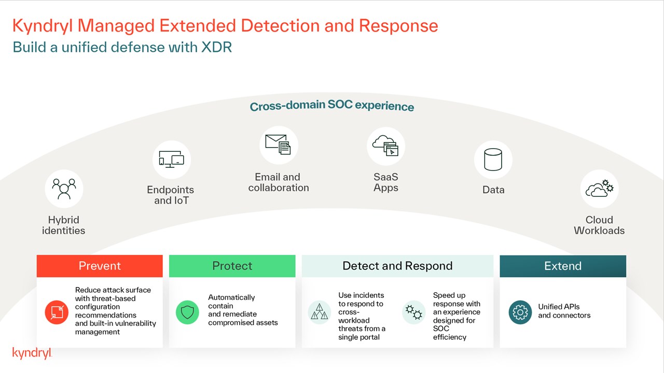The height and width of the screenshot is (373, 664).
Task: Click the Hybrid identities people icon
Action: pyautogui.click(x=64, y=189)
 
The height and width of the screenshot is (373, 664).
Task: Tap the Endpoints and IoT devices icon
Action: pyautogui.click(x=172, y=160)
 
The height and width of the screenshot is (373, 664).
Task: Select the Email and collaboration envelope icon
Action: pyautogui.click(x=279, y=145)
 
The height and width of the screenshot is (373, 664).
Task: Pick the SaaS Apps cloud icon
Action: pyautogui.click(x=385, y=146)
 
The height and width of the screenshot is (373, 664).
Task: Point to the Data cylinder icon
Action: pyautogui.click(x=493, y=160)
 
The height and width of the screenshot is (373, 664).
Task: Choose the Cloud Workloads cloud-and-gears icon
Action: pyautogui.click(x=599, y=189)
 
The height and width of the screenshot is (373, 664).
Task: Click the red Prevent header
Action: pyautogui.click(x=100, y=266)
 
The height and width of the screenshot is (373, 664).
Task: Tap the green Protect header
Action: pyautogui.click(x=232, y=266)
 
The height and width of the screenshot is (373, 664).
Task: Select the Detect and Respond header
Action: pyautogui.click(x=397, y=266)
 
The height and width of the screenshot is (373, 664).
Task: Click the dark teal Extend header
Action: pyautogui.click(x=563, y=266)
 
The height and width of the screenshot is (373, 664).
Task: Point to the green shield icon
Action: pyautogui.click(x=187, y=312)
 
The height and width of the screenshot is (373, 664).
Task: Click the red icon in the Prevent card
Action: pyautogui.click(x=57, y=312)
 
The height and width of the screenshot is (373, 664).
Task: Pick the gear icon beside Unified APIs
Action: pyautogui.click(x=520, y=312)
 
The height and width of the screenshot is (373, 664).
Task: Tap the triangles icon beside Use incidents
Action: pyautogui.click(x=320, y=312)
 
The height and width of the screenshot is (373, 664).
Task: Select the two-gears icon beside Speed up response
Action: pyautogui.click(x=414, y=312)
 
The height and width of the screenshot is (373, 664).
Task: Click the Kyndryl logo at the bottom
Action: pyautogui.click(x=32, y=354)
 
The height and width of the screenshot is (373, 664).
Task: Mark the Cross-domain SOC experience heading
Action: pyautogui.click(x=332, y=106)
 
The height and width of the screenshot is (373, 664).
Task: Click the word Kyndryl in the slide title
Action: pyautogui.click(x=50, y=26)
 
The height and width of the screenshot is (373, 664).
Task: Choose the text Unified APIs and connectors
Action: pyautogui.click(x=564, y=311)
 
